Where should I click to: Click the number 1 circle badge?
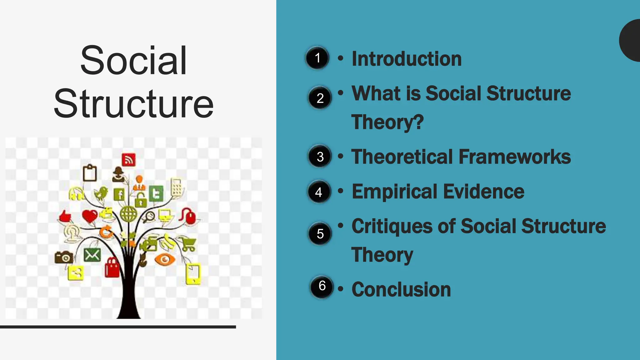tap(317, 58)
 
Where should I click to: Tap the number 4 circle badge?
tap(319, 192)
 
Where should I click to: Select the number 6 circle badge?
tap(322, 286)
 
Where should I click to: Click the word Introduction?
tap(407, 59)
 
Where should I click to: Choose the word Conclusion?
tap(401, 289)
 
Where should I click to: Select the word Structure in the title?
tap(133, 104)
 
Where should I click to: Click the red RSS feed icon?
tap(128, 160)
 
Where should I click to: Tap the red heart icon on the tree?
tap(90, 216)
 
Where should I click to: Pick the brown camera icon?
tap(64, 257)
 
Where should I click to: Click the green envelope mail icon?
tap(92, 255)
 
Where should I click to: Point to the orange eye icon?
tap(165, 259)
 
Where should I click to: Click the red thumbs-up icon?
tap(65, 216)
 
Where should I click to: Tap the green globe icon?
tap(128, 214)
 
